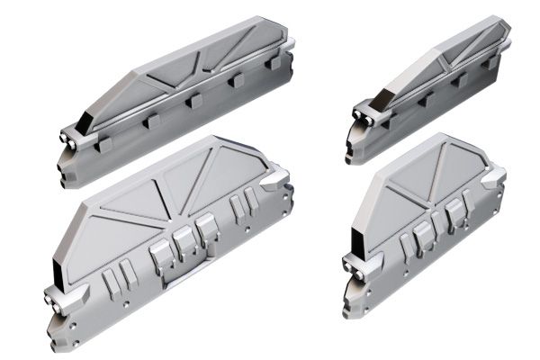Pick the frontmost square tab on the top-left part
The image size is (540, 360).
[x=104, y=142]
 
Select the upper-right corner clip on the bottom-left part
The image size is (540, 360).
[x=275, y=175]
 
